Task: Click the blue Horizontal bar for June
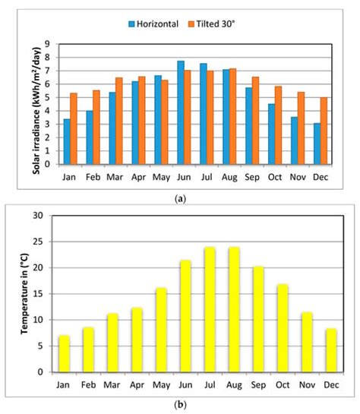181,112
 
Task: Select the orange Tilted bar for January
74,128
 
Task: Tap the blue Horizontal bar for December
317,144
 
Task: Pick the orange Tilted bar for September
256,120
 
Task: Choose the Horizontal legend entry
150,24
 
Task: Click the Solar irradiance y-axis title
36,105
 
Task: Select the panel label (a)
179,198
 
